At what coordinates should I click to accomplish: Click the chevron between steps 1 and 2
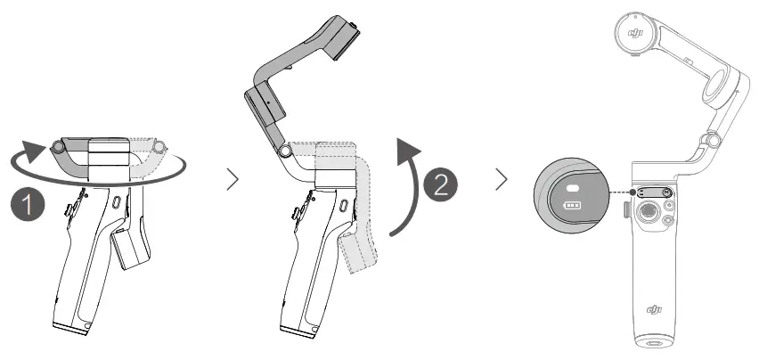[233, 181]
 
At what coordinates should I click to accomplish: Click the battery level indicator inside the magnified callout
[570, 206]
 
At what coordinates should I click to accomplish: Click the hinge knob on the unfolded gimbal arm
[711, 140]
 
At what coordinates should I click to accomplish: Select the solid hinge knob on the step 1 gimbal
[59, 144]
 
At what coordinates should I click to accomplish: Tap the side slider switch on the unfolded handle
[624, 209]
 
